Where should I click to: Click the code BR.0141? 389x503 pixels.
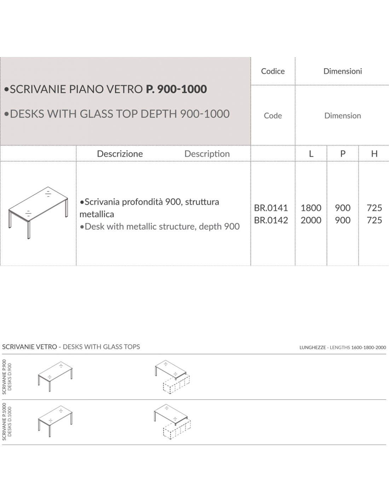(x=271, y=208)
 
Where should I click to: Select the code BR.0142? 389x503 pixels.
(x=271, y=220)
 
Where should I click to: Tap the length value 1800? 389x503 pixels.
(x=311, y=208)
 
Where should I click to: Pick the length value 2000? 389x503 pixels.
(x=311, y=220)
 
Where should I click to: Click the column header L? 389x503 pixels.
(x=311, y=154)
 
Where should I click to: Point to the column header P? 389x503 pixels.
(x=343, y=154)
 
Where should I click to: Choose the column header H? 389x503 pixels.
(x=374, y=154)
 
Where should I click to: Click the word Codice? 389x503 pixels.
(x=273, y=71)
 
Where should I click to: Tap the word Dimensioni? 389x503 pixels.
(x=342, y=71)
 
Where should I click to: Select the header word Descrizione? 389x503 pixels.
(x=120, y=154)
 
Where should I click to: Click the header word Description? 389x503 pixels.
(x=207, y=154)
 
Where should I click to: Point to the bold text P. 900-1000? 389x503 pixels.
(x=176, y=89)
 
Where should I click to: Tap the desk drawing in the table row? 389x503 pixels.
(x=38, y=213)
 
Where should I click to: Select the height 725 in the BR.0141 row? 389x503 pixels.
(x=374, y=208)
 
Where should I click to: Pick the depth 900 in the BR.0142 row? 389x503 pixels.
(x=342, y=220)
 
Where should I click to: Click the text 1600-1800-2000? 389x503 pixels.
(x=368, y=347)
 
